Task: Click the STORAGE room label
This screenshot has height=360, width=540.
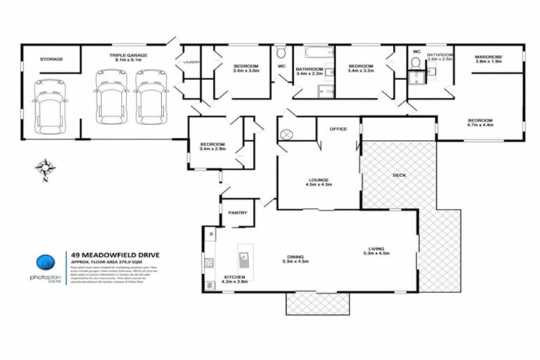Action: point(51,59)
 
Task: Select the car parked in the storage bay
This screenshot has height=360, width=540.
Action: point(49,103)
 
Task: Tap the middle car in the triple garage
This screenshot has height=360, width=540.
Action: point(111,95)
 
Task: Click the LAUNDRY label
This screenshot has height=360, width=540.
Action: point(192,63)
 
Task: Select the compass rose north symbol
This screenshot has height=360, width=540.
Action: point(46,168)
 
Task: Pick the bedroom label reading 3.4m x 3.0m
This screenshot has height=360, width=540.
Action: point(246,67)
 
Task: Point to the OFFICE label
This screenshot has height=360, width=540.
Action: point(339,129)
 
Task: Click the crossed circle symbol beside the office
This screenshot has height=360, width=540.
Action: point(288,136)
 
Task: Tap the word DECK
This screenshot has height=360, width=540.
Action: point(399,175)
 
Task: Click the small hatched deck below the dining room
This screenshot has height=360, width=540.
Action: point(317,304)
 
